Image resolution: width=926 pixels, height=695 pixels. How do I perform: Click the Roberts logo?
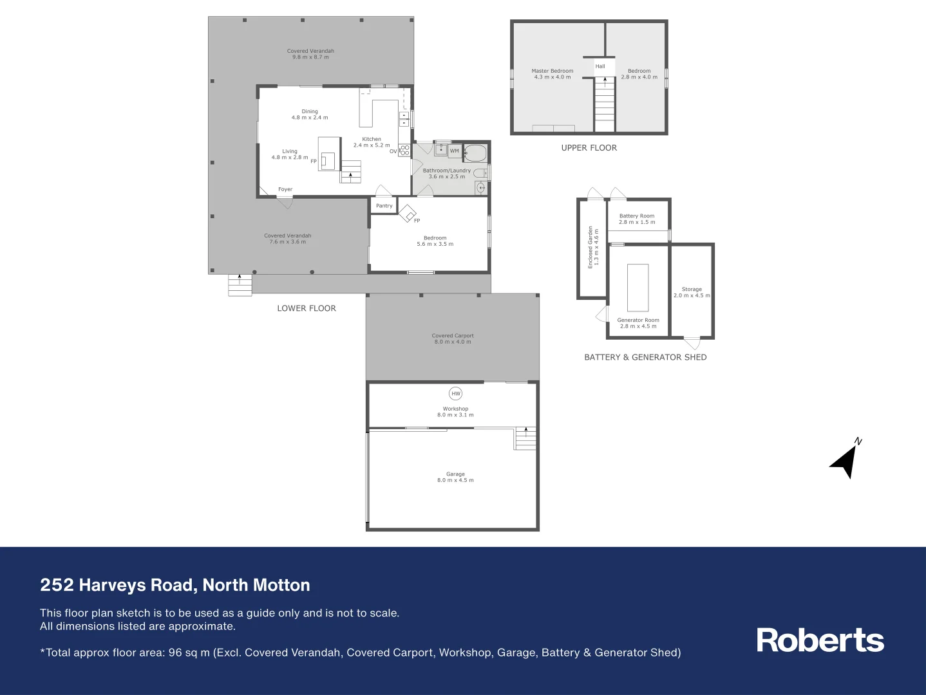point(820,640)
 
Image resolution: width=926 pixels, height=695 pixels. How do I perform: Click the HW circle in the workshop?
point(455,393)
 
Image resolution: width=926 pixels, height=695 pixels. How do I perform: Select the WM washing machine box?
point(455,151)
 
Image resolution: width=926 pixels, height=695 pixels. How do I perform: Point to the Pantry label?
point(384,206)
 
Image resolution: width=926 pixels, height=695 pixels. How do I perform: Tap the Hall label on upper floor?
point(600,66)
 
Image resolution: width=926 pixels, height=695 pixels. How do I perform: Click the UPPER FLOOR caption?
point(589,148)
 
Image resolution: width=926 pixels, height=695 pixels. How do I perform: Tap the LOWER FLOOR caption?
point(307,309)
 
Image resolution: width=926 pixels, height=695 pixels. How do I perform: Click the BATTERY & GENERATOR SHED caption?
point(645,357)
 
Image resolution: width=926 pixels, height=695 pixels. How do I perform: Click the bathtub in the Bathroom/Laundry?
point(475,153)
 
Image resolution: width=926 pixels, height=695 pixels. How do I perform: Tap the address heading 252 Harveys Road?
point(175,585)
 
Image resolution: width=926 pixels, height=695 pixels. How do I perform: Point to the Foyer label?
point(285,190)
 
